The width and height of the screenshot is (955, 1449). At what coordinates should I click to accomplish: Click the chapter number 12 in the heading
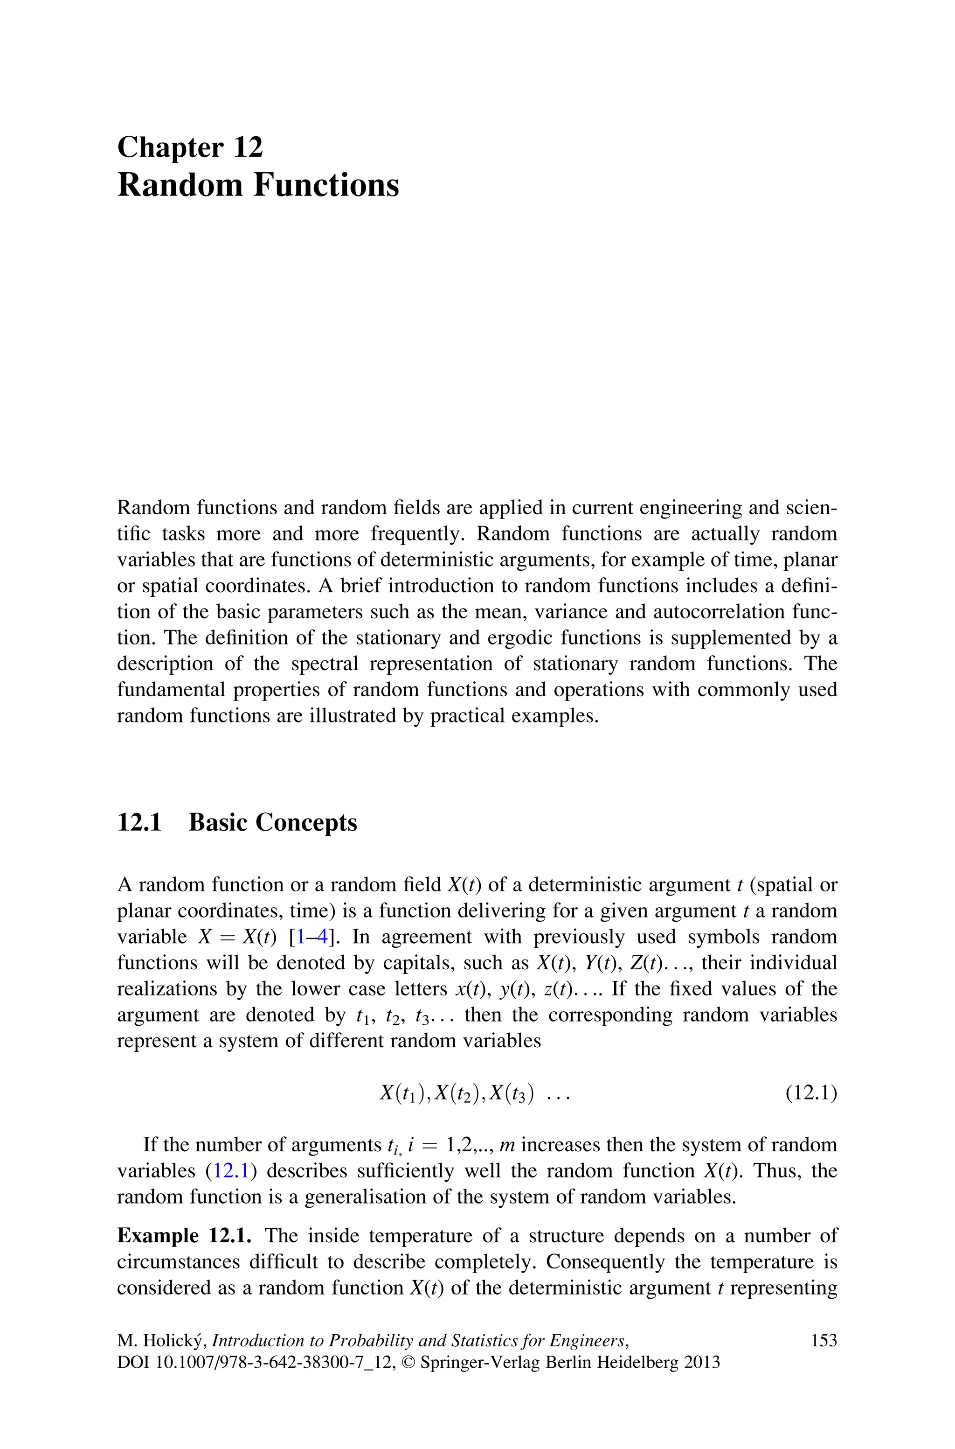(247, 147)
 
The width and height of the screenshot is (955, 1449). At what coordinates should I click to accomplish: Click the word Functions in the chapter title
(326, 185)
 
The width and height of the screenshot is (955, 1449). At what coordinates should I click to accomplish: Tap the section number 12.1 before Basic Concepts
(139, 823)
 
